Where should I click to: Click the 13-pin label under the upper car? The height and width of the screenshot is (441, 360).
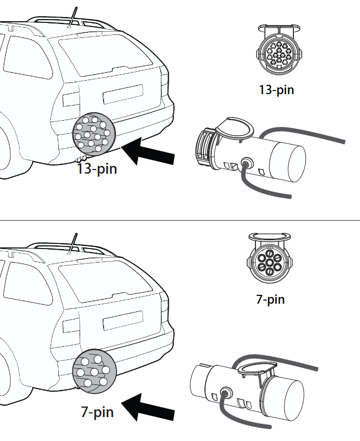[x=97, y=168]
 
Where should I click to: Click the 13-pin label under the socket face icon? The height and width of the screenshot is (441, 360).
[x=276, y=90]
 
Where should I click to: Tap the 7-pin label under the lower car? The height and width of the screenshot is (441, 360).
[x=97, y=412]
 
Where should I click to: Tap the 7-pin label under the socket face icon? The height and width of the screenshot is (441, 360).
[x=271, y=299]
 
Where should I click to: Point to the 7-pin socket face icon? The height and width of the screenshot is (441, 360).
[x=269, y=258]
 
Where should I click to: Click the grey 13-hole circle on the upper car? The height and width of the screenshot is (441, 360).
[x=94, y=134]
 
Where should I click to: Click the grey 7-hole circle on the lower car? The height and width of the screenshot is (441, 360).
[x=94, y=371]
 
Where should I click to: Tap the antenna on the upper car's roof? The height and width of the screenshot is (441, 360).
[x=72, y=18]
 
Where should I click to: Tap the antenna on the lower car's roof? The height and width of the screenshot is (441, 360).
[x=72, y=244]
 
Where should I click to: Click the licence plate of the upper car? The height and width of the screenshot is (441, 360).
[x=123, y=94]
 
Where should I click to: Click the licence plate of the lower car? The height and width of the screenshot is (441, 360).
[x=123, y=320]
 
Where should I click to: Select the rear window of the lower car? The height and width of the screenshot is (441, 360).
[x=106, y=282]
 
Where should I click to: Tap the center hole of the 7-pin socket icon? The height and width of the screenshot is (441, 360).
[x=269, y=263]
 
